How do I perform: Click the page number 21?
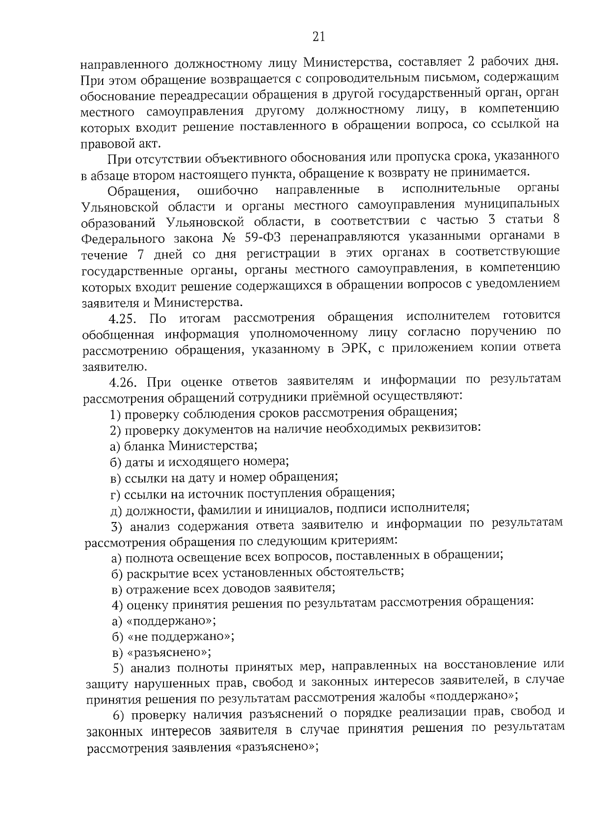(318, 37)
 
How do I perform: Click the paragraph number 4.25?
(122, 319)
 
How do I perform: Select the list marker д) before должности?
(116, 511)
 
